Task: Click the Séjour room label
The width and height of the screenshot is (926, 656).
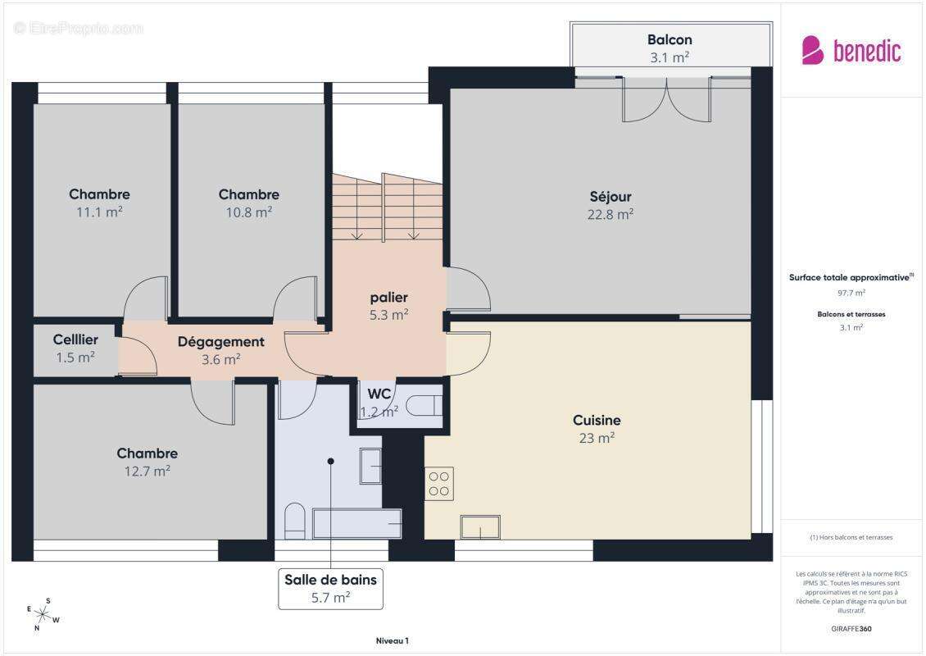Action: pos(611,197)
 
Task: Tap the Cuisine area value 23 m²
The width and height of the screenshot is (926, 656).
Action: pos(597,438)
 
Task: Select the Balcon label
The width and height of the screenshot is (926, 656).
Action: pos(670,39)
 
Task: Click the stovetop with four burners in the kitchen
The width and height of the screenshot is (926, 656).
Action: pos(438,484)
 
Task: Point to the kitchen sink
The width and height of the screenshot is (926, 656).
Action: pos(480,526)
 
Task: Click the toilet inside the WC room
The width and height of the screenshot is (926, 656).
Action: pos(425,405)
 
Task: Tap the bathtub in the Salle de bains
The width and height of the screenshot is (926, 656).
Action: pos(357,522)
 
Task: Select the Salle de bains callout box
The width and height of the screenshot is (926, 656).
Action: pos(330,588)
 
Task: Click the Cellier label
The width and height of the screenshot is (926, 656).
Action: pos(75,339)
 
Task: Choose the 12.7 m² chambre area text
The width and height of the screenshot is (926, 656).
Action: pos(147,471)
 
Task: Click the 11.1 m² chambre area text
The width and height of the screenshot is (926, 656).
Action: pos(99,212)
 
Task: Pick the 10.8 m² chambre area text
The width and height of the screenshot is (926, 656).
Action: pos(248,212)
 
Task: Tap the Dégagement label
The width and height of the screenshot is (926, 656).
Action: pos(220,342)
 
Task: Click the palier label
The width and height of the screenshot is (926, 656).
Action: pos(388,297)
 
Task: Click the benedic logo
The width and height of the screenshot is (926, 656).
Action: pos(851,51)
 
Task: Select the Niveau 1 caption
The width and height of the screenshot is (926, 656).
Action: pos(391,641)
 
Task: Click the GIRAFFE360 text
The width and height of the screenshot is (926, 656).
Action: pos(851,629)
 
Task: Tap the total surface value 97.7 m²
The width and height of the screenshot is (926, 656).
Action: pos(851,292)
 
